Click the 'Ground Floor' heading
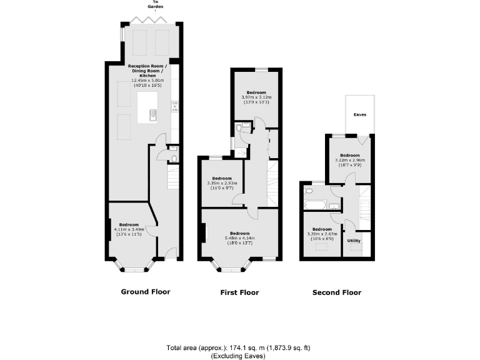pyautogui.click(x=144, y=291)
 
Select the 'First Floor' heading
pyautogui.click(x=239, y=292)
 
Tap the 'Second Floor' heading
pyautogui.click(x=336, y=292)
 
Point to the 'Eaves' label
pyautogui.click(x=360, y=115)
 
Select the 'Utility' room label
pyautogui.click(x=354, y=240)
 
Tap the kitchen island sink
pyautogui.click(x=152, y=114)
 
